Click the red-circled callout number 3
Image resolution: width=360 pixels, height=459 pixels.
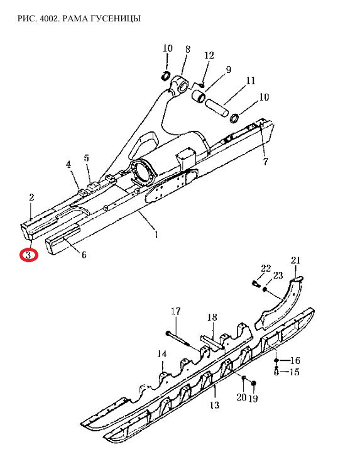(28, 255)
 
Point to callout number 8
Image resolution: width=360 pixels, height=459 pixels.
(187, 50)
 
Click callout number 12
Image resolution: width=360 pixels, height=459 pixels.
(209, 55)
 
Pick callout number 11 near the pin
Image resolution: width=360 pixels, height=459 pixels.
(251, 80)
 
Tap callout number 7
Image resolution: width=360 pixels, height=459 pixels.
(265, 162)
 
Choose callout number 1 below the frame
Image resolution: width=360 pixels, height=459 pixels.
(156, 235)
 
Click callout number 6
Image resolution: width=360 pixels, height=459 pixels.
(84, 255)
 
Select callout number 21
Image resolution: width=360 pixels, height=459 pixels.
(296, 260)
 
